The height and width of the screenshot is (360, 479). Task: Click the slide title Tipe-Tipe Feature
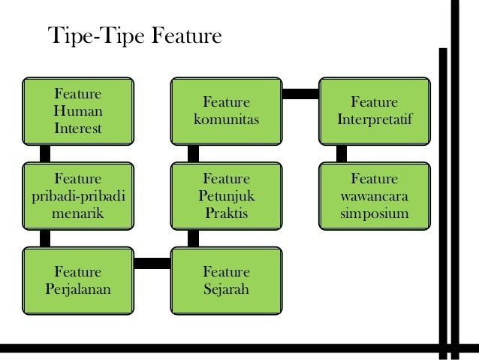[134, 36]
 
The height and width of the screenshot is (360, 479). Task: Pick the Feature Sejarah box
[226, 280]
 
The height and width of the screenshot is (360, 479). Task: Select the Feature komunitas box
[226, 111]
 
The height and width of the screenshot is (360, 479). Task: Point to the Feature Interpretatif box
[375, 111]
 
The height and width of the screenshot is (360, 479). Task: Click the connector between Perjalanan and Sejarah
[152, 262]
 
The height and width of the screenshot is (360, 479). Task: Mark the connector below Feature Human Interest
[45, 154]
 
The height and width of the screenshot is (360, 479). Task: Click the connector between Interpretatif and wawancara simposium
[342, 154]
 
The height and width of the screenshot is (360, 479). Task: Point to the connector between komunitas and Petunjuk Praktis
[193, 154]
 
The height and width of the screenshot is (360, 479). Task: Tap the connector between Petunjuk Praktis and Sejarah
[193, 239]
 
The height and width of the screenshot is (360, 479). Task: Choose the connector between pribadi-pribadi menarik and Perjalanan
[45, 239]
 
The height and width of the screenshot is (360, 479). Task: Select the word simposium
[375, 214]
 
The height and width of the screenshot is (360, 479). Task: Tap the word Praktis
[226, 214]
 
